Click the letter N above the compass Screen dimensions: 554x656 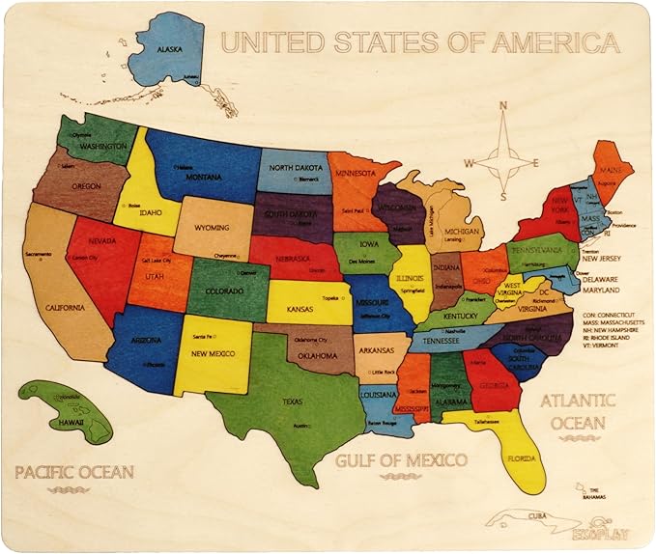[x=503, y=108]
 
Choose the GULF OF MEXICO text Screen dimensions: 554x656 [x=401, y=459]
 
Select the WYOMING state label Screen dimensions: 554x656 [x=214, y=229]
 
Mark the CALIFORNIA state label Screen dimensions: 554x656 [x=58, y=308]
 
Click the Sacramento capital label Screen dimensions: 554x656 [x=39, y=254]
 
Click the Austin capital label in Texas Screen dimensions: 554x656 [x=301, y=426]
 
